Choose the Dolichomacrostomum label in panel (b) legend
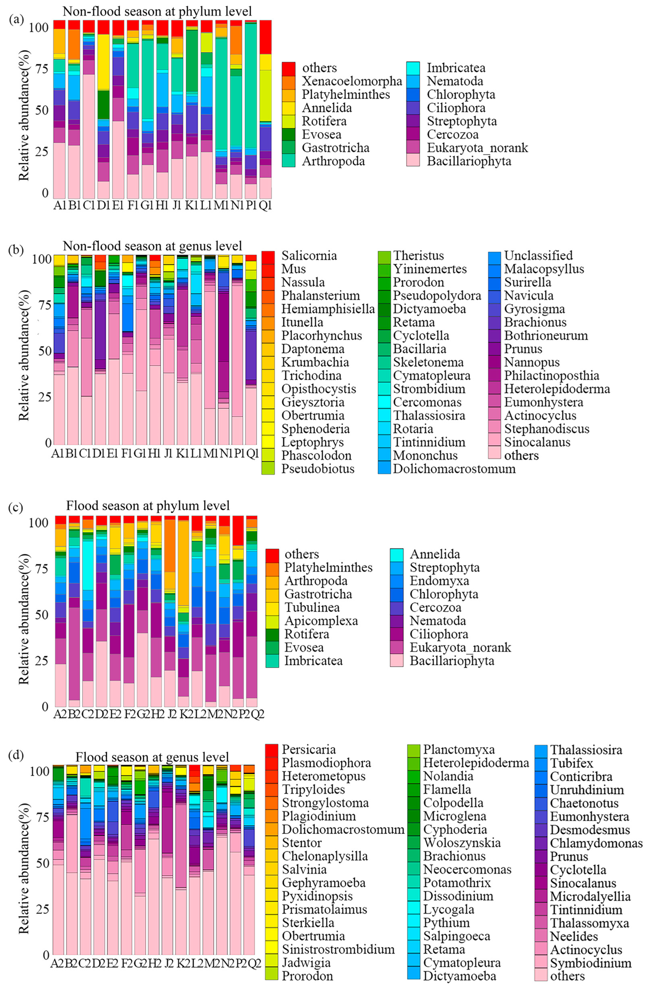(x=454, y=469)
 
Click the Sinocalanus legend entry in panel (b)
(x=537, y=442)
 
